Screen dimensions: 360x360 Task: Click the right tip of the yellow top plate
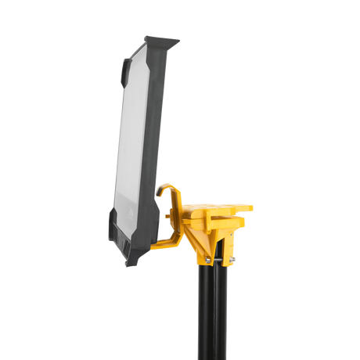(253, 207)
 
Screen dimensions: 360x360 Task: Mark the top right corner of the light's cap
(181, 39)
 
